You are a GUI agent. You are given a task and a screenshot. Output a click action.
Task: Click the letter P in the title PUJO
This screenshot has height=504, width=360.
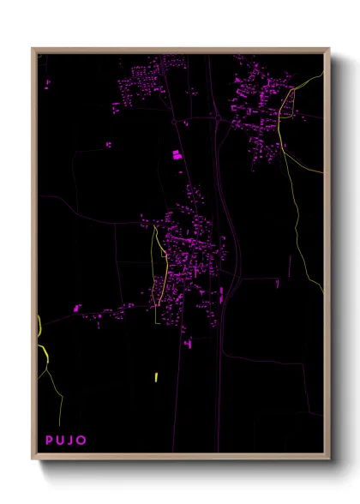click(50, 441)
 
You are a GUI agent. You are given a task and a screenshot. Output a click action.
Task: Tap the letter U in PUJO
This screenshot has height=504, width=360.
click(61, 441)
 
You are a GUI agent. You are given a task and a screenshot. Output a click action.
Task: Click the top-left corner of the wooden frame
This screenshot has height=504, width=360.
click(33, 49)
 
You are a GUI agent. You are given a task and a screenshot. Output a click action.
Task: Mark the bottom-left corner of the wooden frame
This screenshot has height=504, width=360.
click(33, 459)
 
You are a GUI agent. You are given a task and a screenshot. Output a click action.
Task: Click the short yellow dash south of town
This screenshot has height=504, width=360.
click(156, 377)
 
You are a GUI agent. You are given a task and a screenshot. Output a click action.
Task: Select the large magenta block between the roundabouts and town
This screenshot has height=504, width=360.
click(177, 155)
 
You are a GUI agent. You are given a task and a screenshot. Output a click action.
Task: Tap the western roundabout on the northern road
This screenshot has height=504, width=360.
click(183, 123)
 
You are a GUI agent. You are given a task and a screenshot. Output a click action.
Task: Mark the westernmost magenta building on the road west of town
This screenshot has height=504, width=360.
click(76, 306)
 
